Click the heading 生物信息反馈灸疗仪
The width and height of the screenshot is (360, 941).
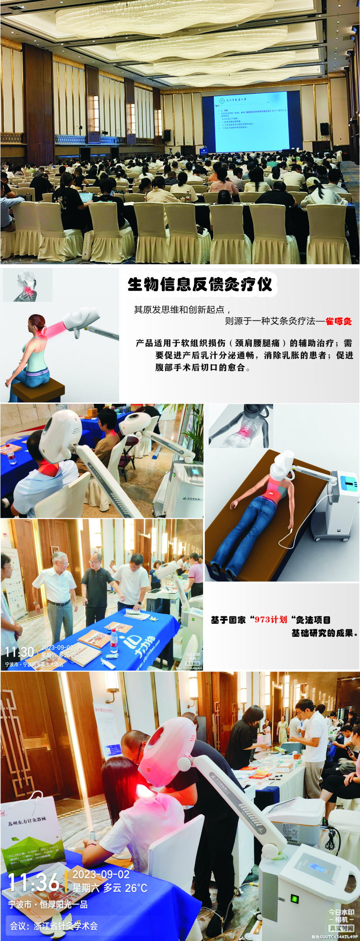pos(200,285)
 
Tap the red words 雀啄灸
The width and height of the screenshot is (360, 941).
pos(339,322)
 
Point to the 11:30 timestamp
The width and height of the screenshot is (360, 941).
pos(19,652)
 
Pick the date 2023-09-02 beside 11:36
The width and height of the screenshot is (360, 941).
pos(101,874)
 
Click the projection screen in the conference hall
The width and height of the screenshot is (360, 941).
pos(251,121)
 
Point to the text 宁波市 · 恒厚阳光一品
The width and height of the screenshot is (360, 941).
pos(48,904)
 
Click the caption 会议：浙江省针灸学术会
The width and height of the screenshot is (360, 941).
pos(54,926)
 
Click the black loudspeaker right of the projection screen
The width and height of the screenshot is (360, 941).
pos(324,129)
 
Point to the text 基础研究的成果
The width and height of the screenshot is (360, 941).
pos(323,633)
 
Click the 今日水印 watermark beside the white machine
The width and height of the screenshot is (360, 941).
pos(341,917)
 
